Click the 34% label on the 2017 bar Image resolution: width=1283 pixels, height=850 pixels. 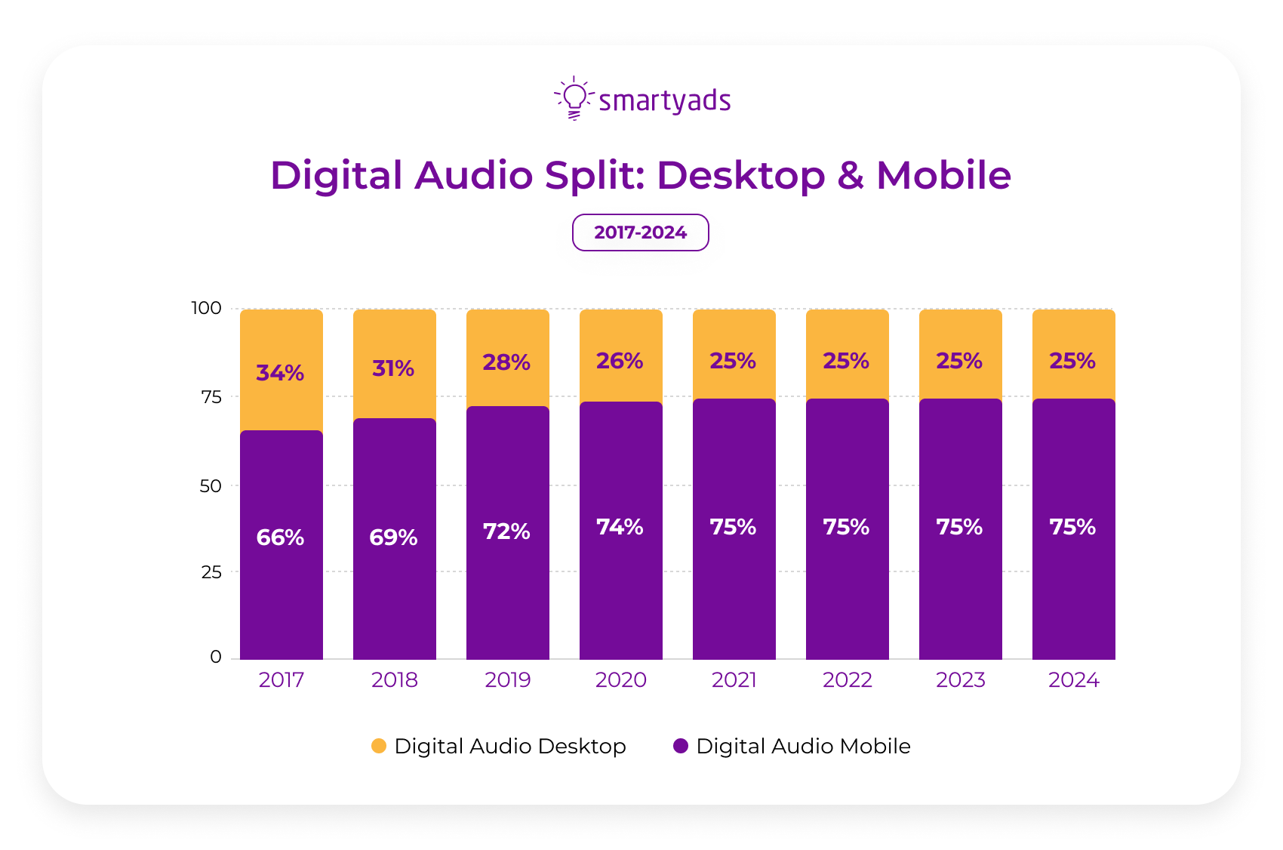280,373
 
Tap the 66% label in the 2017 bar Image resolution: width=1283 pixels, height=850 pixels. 280,537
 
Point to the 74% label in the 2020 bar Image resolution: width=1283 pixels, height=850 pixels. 620,527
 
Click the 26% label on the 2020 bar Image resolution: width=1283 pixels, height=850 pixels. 620,362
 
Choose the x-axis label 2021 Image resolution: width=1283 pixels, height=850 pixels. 734,680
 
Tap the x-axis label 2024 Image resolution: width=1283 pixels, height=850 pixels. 1073,680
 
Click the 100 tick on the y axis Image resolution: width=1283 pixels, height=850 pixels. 206,308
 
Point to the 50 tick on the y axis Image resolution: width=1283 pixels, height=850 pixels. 211,486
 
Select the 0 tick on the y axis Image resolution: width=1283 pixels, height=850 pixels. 216,657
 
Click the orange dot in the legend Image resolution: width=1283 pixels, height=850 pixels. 379,747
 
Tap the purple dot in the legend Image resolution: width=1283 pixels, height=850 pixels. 681,747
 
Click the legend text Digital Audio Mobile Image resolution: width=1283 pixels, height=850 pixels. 803,747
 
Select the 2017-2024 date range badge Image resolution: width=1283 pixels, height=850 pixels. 640,233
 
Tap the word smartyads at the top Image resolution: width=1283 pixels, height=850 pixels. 664,101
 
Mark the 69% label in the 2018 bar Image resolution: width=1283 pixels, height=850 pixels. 393,537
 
